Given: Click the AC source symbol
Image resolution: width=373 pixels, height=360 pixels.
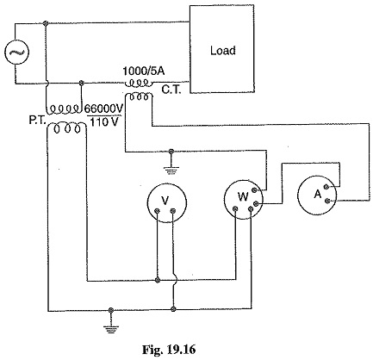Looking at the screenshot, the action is click(x=16, y=53).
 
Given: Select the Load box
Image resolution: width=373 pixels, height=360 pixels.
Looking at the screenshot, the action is click(x=222, y=49).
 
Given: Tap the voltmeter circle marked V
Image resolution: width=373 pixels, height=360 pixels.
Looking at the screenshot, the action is click(x=166, y=202).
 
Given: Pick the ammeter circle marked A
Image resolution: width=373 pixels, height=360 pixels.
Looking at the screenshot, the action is click(x=317, y=196).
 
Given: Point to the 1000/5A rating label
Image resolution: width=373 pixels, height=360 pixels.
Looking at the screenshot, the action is click(x=144, y=71).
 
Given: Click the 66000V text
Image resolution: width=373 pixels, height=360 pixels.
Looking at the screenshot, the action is click(x=103, y=109).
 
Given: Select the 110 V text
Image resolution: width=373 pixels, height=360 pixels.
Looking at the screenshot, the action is click(x=104, y=122).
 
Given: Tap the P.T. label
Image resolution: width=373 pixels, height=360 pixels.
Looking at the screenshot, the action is click(x=37, y=121).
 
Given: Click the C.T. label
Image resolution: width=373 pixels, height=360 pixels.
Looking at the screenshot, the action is click(x=171, y=90).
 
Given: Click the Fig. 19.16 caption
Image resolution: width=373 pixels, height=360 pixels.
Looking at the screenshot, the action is click(x=169, y=350).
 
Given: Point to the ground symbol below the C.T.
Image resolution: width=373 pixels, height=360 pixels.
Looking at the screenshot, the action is click(x=171, y=169).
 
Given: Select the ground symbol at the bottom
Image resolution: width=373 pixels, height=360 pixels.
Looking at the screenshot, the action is click(x=111, y=327).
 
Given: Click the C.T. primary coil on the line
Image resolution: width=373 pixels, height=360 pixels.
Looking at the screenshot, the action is click(x=139, y=84).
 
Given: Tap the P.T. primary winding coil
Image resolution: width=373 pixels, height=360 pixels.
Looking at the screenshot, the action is click(x=64, y=109).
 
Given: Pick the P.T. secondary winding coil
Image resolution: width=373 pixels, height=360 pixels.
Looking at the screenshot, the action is click(x=66, y=128).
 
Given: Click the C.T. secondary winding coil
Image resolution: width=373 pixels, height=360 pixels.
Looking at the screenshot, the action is click(x=140, y=96).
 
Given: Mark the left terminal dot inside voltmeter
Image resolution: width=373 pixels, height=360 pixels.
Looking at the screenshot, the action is click(x=157, y=211).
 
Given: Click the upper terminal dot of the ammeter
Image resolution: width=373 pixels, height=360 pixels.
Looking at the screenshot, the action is click(x=326, y=187).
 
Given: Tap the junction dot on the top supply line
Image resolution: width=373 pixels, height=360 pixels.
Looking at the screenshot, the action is click(x=45, y=23).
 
